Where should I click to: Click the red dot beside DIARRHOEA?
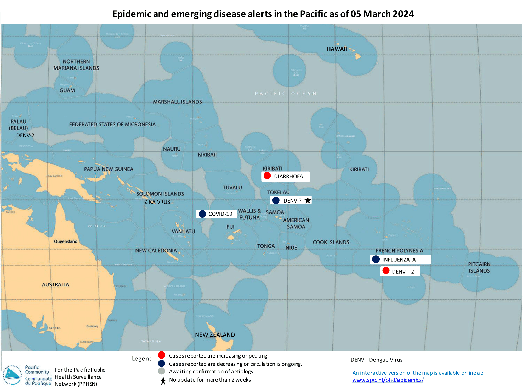pos(267,176)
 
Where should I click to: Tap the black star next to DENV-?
pos(308,200)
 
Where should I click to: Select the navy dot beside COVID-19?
pos(202,214)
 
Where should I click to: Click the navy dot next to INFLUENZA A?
pos(376,259)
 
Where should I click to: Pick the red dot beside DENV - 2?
pos(386,270)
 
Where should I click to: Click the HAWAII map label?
pos(337,49)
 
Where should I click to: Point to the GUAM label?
pos(67,90)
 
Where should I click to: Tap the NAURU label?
pos(172,149)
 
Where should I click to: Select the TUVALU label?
pos(232,188)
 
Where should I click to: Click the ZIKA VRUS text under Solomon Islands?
pos(157,202)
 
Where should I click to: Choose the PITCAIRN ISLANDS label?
pos(479,268)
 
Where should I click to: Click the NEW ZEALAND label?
pos(215,335)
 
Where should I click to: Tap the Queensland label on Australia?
pos(66,241)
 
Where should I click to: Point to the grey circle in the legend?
pos(162,371)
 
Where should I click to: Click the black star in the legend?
pos(163,381)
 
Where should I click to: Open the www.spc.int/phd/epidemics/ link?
pos(388,380)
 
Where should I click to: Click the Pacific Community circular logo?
pos(12,375)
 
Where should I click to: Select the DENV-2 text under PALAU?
pos(25,135)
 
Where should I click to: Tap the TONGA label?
pos(266,246)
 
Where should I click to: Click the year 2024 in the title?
pos(403,14)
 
